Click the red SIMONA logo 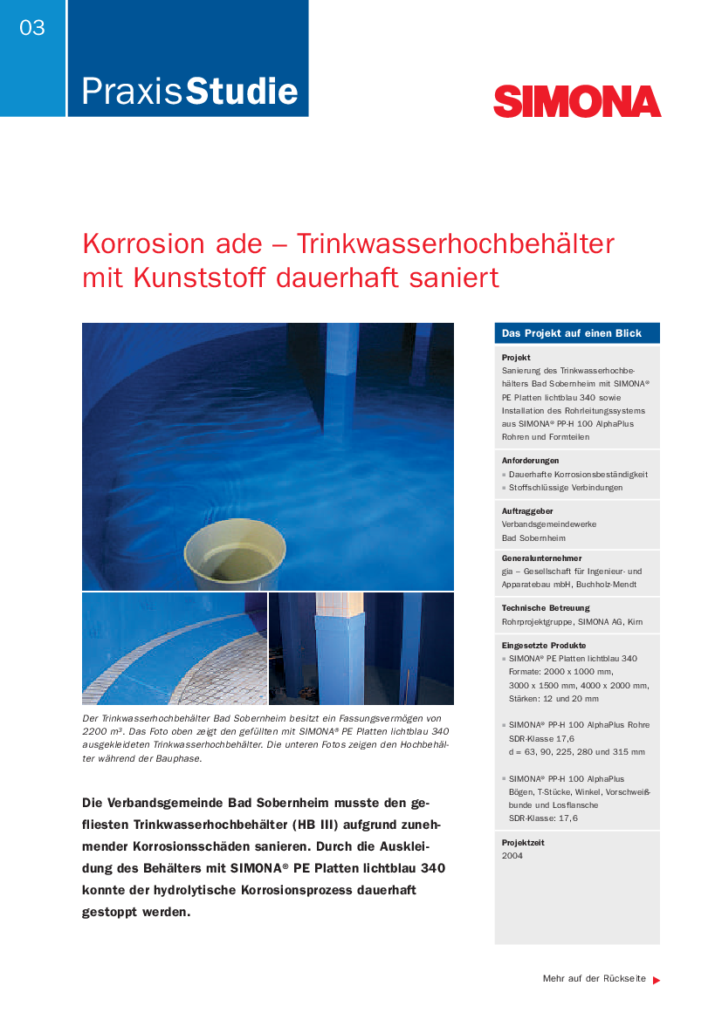577,101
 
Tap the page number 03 32,28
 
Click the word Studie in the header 243,92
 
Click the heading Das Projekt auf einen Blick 572,333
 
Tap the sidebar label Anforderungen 531,460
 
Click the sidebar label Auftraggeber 527,510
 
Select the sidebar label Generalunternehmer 541,558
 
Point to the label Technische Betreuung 546,607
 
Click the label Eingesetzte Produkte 544,645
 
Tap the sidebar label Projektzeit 523,842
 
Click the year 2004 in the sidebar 512,856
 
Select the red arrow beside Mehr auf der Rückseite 657,980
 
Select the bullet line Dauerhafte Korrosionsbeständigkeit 577,474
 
